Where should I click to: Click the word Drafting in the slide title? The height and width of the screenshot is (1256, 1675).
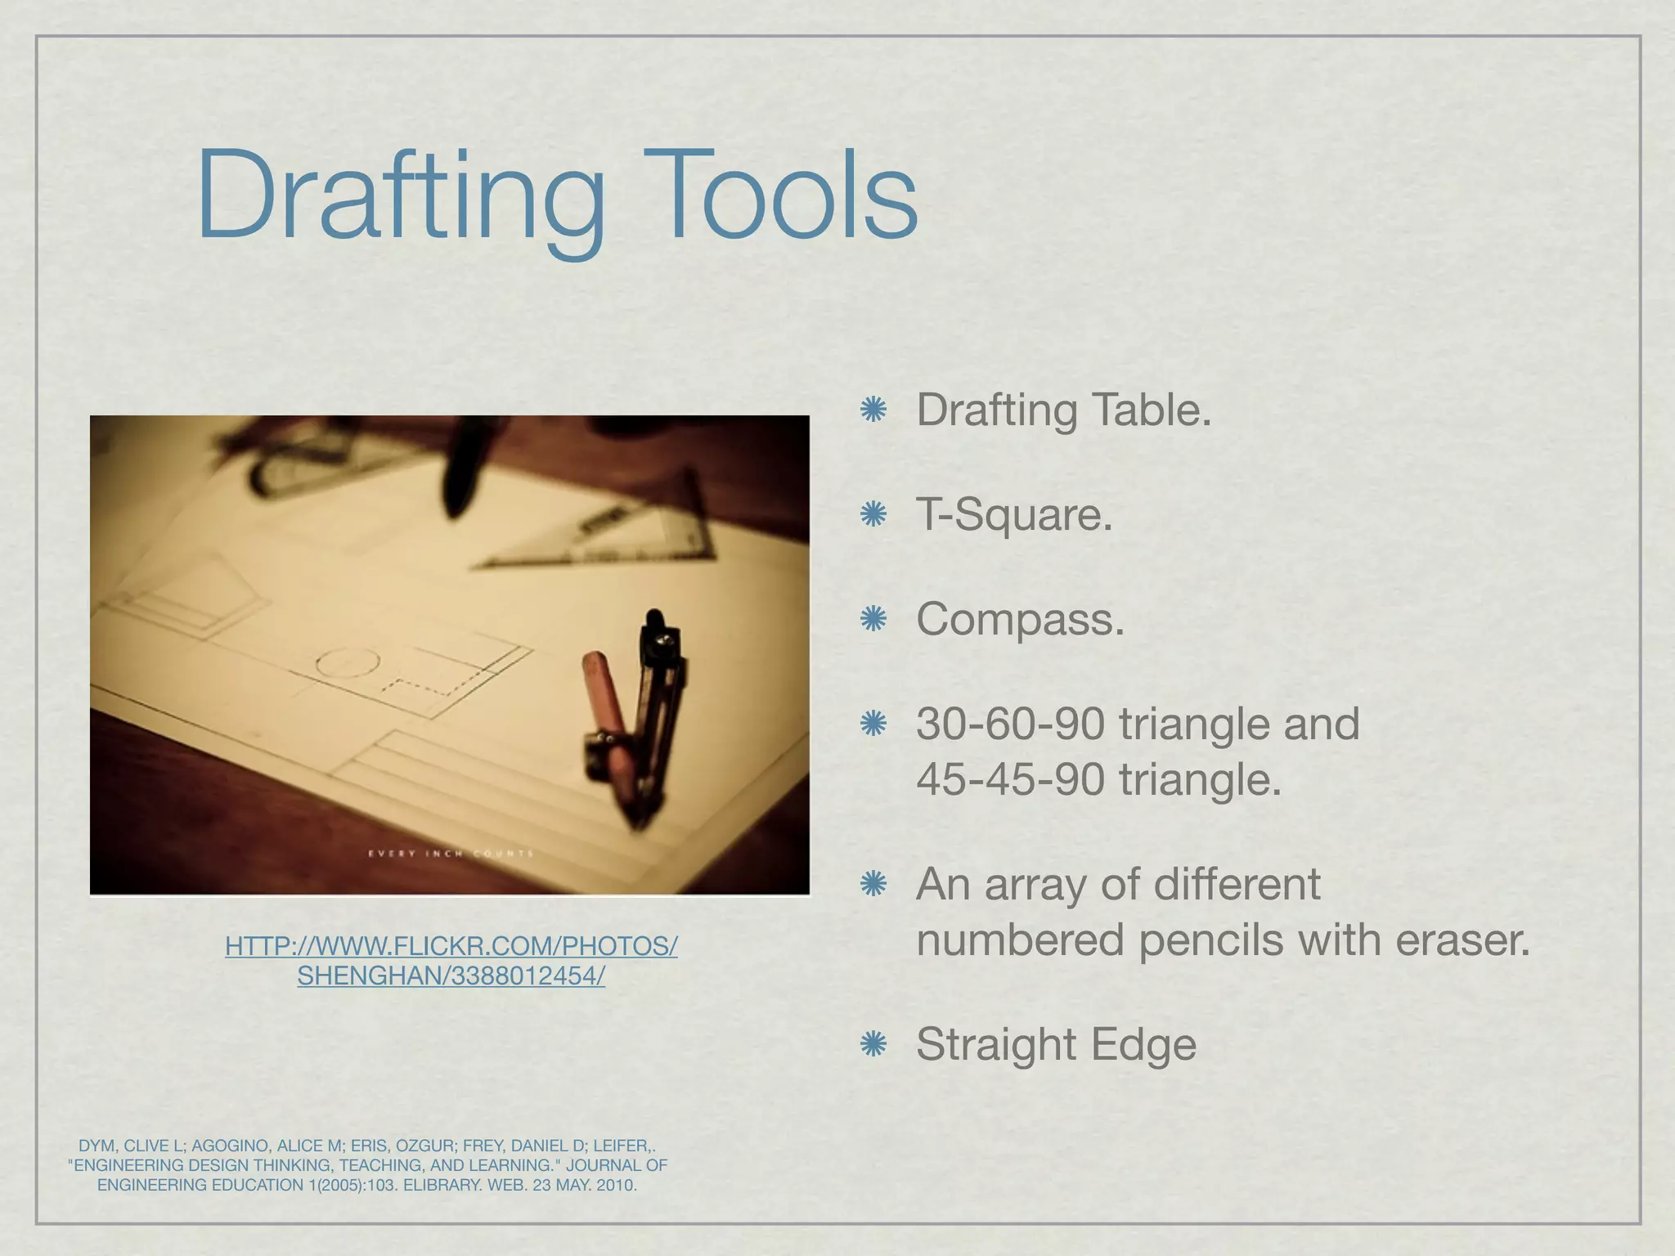click(401, 196)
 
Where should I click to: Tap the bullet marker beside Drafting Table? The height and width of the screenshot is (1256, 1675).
click(873, 410)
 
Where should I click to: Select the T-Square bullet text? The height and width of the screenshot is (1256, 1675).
click(1014, 515)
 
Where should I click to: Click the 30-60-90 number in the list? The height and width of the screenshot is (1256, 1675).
click(1010, 724)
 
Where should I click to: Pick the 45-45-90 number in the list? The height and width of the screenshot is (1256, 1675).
click(1010, 779)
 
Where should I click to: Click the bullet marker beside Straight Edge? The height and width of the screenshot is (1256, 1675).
click(873, 1044)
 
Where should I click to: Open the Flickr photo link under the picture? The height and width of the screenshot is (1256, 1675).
click(451, 961)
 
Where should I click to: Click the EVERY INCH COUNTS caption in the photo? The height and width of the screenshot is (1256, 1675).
click(451, 854)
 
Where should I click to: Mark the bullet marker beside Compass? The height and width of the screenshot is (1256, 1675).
click(873, 620)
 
